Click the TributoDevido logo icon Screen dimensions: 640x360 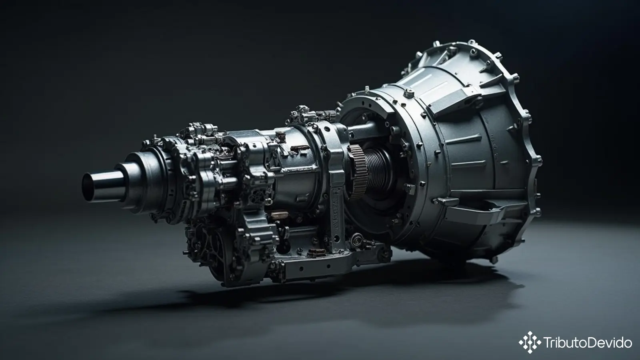[x=530, y=342]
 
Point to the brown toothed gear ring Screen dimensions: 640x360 [x=358, y=172]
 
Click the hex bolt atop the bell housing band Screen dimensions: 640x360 [x=409, y=93]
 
